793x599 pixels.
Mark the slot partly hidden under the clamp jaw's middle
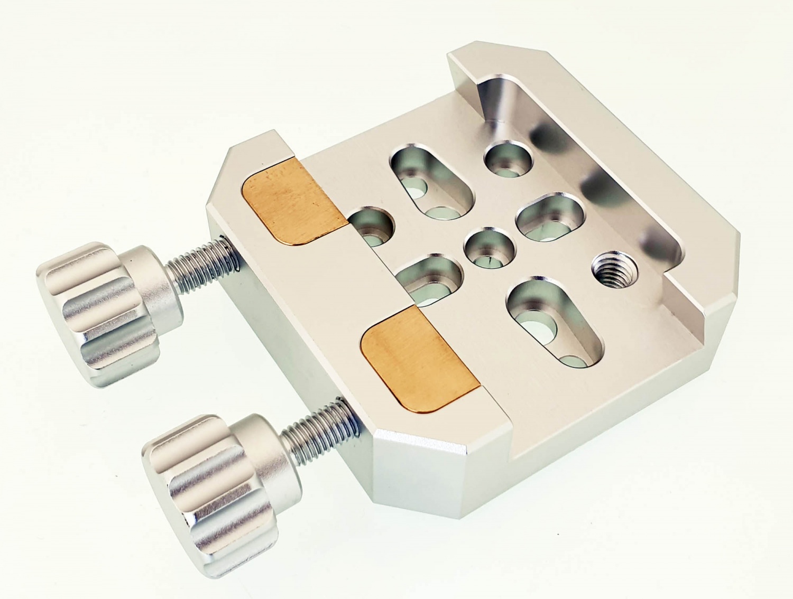pos(428,280)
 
